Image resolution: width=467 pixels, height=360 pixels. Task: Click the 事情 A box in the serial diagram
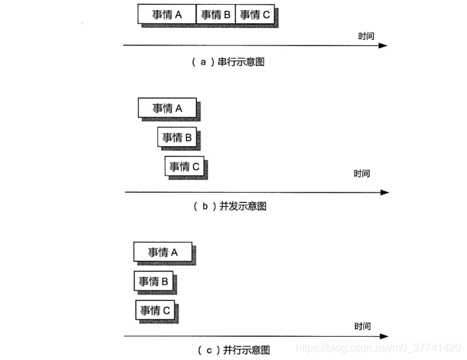pos(167,14)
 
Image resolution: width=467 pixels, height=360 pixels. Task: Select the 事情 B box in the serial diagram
pos(216,14)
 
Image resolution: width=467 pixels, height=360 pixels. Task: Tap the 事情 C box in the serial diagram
pos(255,14)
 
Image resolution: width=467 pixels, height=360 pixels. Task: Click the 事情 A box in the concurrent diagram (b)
pos(167,108)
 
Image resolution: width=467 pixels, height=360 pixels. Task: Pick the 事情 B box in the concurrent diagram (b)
pos(177,138)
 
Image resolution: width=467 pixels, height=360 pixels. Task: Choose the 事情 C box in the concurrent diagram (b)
pos(185,167)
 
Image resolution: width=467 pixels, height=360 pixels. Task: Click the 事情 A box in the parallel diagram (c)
pos(163,252)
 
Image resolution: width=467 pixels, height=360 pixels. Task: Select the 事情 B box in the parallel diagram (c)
pos(153,281)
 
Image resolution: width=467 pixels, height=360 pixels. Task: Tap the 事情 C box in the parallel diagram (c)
pos(155,310)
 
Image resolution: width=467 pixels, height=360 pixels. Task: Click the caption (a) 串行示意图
pos(229,61)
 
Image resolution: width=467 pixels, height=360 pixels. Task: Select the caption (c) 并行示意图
pos(234,349)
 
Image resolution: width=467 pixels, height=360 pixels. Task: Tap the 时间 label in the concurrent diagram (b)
pos(362,174)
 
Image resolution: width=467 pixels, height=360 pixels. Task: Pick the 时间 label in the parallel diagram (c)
pos(363,327)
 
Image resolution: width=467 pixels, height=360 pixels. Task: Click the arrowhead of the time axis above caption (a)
pos(383,45)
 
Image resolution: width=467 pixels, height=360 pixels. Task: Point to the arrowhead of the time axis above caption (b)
pos(384,192)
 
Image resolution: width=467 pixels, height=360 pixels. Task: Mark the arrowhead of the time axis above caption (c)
pos(385,336)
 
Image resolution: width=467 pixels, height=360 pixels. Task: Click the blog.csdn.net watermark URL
pos(378,348)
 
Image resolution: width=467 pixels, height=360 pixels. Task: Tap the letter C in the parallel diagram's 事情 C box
pos(167,310)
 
